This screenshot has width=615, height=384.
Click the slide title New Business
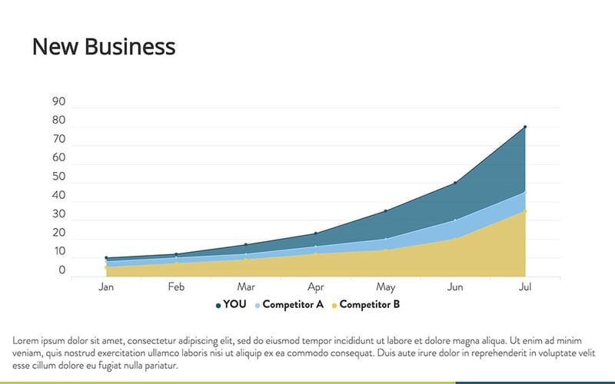(104, 47)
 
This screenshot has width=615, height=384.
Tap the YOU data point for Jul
(525, 127)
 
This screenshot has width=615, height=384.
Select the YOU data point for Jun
(455, 183)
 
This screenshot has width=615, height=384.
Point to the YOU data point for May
(385, 210)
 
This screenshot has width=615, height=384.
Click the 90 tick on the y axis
(59, 102)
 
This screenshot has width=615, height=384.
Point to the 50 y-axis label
(59, 177)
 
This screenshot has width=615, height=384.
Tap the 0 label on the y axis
(62, 270)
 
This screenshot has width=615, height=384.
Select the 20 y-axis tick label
(59, 233)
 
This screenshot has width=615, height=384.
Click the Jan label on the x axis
(106, 287)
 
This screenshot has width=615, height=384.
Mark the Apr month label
(315, 287)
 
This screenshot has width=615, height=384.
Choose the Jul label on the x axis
(525, 287)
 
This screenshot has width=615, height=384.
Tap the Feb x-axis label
(176, 287)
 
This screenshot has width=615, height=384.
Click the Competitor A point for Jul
(525, 192)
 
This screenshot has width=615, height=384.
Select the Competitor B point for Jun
(455, 239)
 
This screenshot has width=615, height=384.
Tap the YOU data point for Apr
(315, 233)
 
